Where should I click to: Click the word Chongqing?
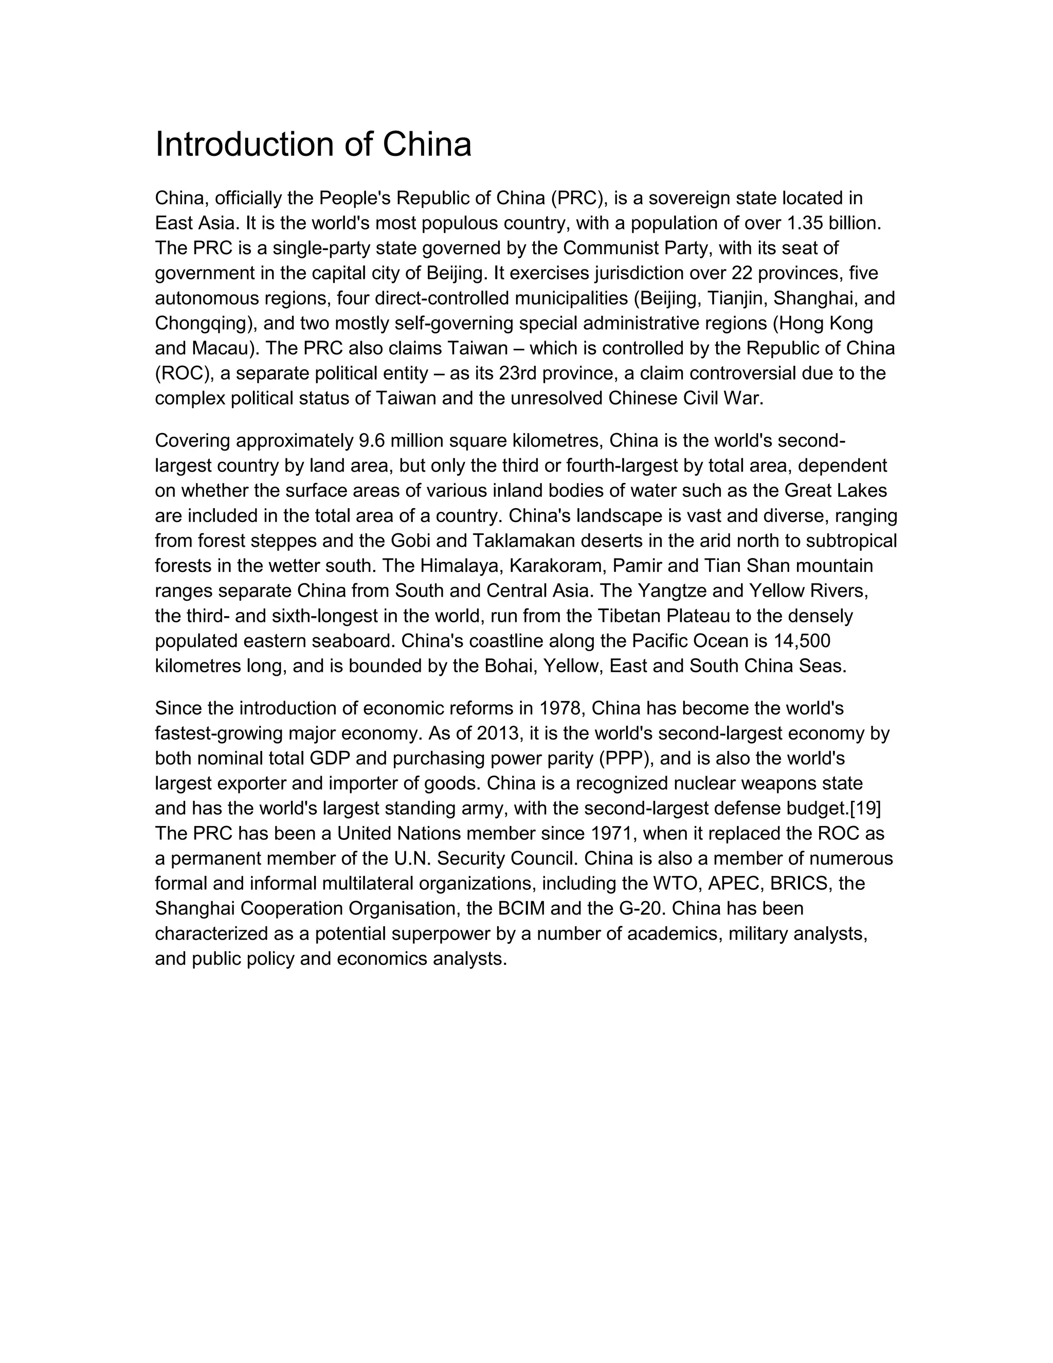coord(205,324)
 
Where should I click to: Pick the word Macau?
coord(220,348)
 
